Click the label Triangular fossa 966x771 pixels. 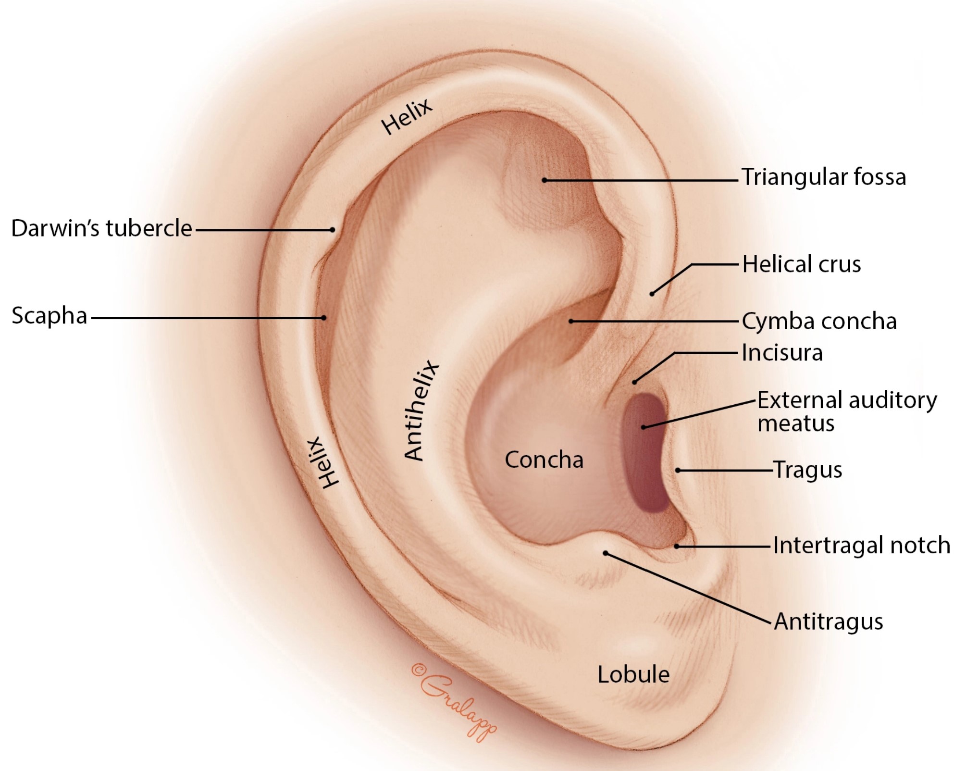pos(823,177)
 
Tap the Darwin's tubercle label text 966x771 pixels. pos(101,228)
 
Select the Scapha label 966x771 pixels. pos(49,316)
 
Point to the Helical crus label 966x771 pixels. pos(801,264)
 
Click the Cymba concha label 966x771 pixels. pos(819,322)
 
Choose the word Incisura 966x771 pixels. pos(782,353)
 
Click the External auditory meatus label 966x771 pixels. pos(847,411)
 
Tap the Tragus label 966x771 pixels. pos(807,470)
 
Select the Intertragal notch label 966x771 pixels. pos(861,546)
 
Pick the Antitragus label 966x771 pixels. pos(828,622)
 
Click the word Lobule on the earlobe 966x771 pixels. pos(633,674)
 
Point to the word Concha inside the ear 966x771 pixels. pos(544,460)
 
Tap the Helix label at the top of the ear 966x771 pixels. pos(407,117)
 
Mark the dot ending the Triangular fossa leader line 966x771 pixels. pos(545,180)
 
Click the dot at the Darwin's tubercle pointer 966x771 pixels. pos(333,230)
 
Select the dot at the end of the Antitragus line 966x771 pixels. pos(606,554)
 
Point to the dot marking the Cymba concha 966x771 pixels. pos(571,321)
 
